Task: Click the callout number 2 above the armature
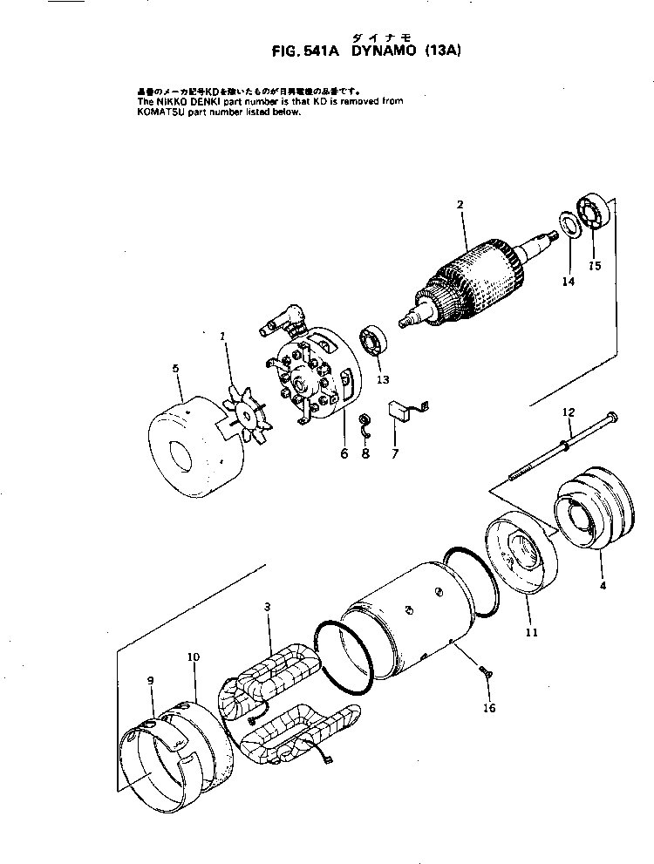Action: (460, 204)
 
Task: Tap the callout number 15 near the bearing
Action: (595, 265)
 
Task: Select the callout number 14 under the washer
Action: (569, 282)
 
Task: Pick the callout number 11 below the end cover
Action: (531, 630)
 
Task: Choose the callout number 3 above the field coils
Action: (268, 605)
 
